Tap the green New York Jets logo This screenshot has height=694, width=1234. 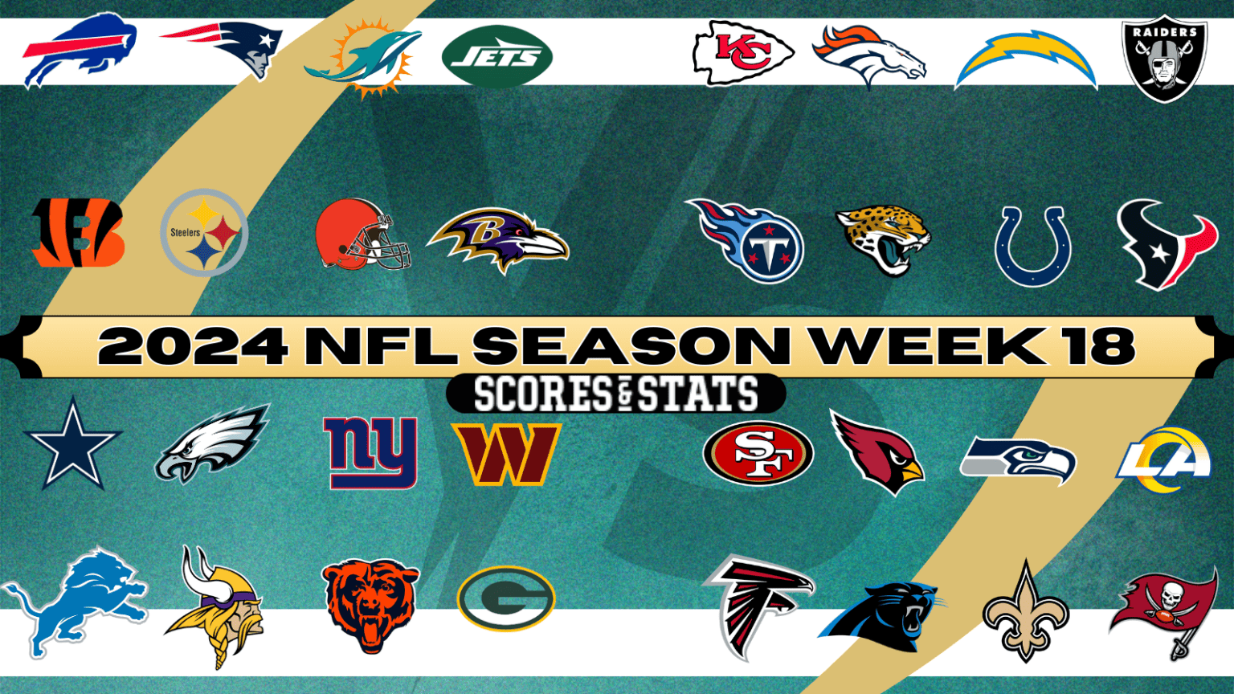pyautogui.click(x=496, y=56)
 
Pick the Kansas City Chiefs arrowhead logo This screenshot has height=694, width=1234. pyautogui.click(x=742, y=53)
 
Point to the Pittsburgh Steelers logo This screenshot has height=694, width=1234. pyautogui.click(x=204, y=233)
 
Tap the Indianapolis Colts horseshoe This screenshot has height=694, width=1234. pyautogui.click(x=1032, y=246)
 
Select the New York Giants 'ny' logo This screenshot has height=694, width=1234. pyautogui.click(x=370, y=451)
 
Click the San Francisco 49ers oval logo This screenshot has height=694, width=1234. pyautogui.click(x=758, y=453)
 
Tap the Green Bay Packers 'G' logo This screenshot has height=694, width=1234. pyautogui.click(x=506, y=598)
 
